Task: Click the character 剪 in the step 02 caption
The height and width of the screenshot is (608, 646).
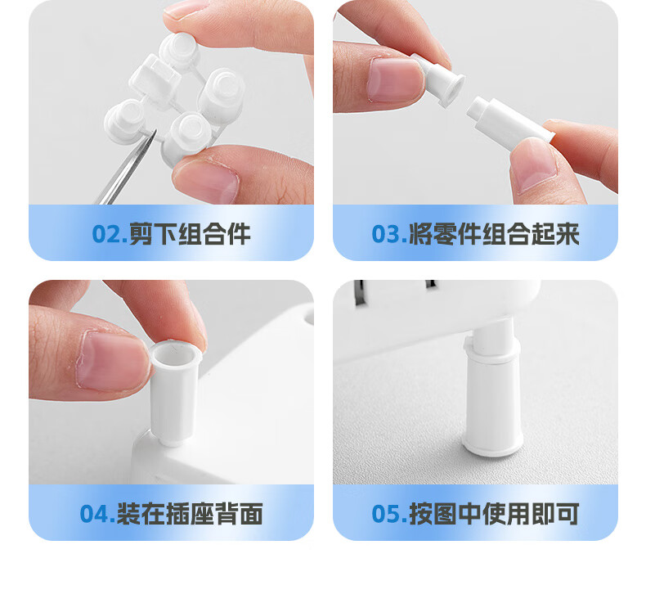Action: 141,234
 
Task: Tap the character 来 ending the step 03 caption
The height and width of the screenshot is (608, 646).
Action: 567,234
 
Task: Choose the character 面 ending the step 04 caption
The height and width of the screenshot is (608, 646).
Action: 250,514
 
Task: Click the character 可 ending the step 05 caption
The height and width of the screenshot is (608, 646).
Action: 567,514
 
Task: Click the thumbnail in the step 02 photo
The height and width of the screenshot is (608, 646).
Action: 207,181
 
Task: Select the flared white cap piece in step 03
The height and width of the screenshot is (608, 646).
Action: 440,80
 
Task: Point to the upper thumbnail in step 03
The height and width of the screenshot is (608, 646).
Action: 395,79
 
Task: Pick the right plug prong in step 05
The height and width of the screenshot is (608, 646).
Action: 431,284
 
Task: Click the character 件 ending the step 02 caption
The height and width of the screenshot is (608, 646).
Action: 239,234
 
